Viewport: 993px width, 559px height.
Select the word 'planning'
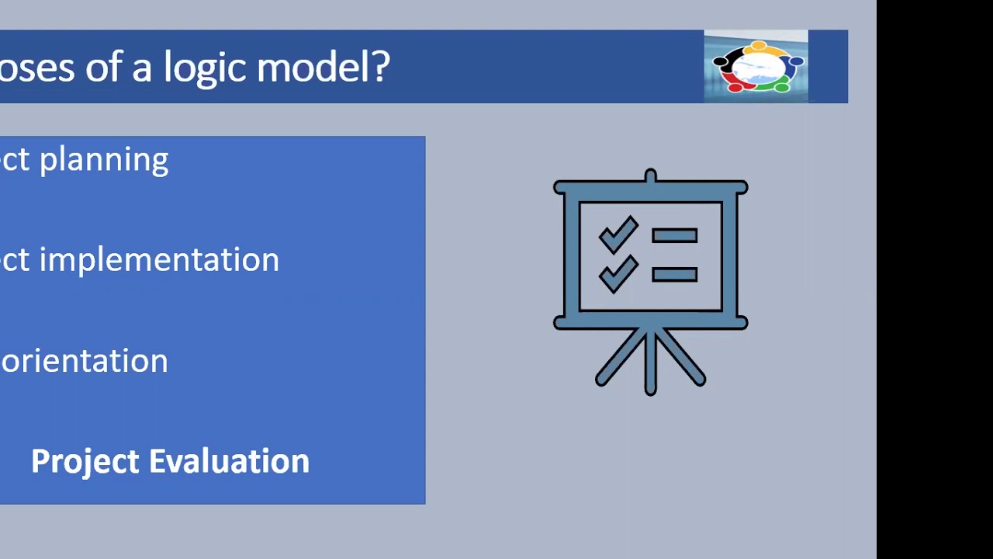tap(103, 160)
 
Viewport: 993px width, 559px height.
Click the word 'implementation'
tap(159, 259)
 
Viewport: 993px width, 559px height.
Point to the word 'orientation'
tap(84, 361)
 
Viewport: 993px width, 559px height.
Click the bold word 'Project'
tap(85, 462)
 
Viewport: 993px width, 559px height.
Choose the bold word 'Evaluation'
tap(229, 461)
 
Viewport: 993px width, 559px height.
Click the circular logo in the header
tap(756, 67)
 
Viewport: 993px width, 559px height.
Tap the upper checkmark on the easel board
tap(618, 234)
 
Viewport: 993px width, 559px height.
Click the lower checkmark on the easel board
tap(618, 273)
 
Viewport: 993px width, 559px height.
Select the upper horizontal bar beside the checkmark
tap(674, 235)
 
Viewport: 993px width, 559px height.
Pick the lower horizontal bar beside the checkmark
tap(674, 274)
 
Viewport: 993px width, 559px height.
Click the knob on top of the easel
tap(650, 175)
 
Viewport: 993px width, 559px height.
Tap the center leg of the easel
tap(650, 365)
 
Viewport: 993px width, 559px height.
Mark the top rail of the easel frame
tap(650, 187)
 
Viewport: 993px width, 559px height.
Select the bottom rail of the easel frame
tap(650, 321)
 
